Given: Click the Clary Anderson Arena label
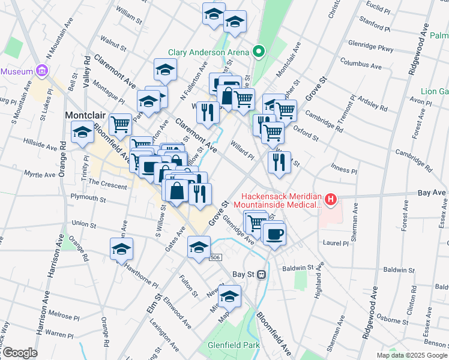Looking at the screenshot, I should [x=208, y=52].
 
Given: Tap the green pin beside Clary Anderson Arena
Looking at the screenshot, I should [x=259, y=52].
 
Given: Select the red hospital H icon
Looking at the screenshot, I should [x=330, y=199].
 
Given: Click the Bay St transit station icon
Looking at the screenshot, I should [x=262, y=274].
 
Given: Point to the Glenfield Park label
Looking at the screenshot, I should [x=234, y=346].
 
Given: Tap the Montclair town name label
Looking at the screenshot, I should [x=85, y=114].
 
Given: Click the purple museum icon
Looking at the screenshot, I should [x=41, y=71].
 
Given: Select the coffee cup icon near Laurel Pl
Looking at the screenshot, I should [x=274, y=233].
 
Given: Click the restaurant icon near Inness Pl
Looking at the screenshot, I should [x=279, y=162].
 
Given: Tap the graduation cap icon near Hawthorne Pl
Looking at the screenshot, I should [x=122, y=249].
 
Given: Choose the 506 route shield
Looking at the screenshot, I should [x=217, y=257].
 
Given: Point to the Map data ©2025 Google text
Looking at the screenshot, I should [x=412, y=355].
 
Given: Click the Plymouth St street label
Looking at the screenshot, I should [x=88, y=198].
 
